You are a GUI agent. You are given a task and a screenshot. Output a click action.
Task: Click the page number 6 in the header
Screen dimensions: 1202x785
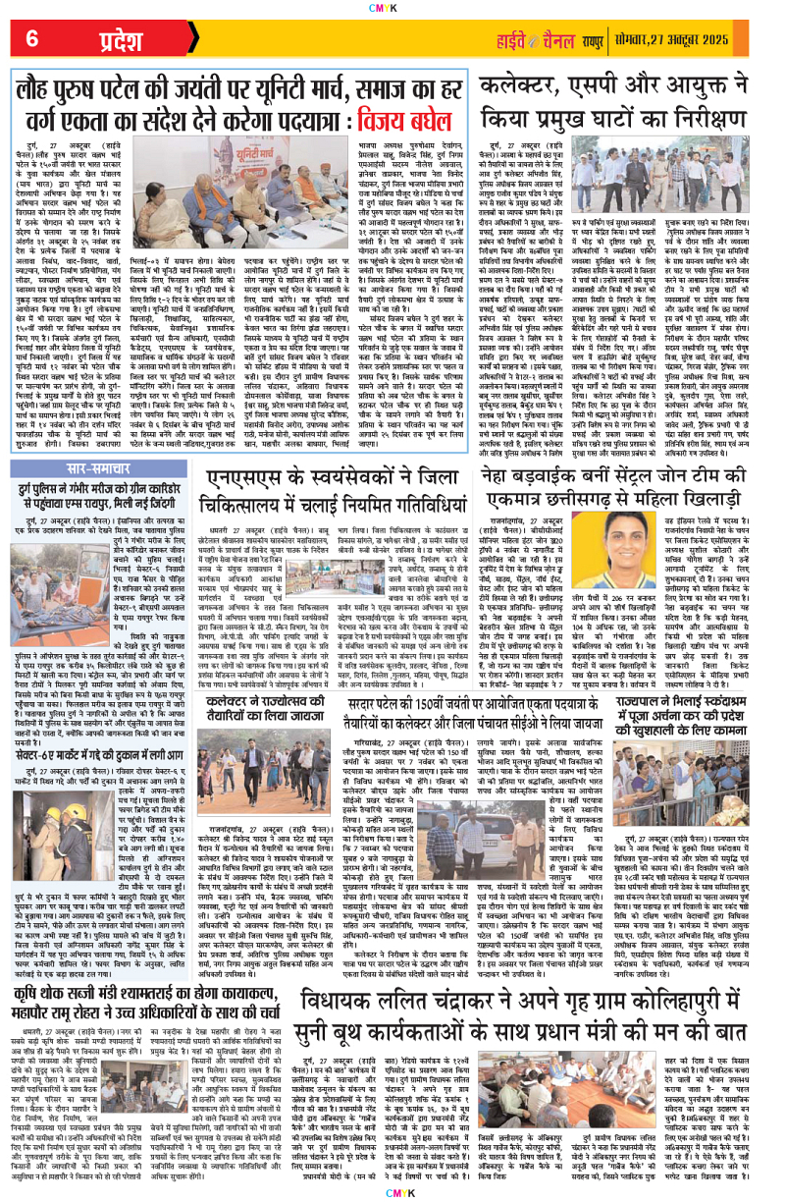coord(32,39)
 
